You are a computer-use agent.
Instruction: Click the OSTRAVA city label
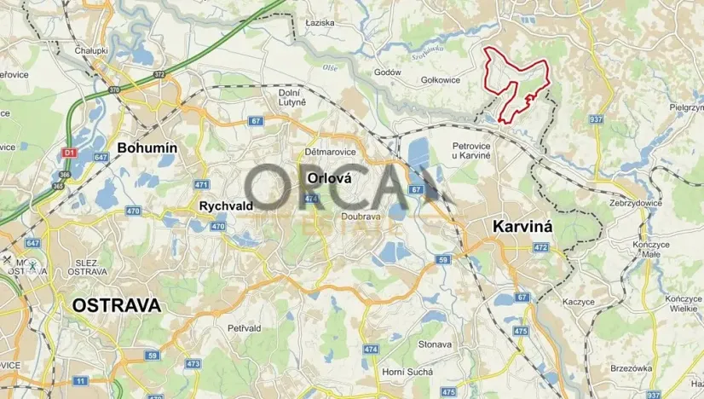(116, 305)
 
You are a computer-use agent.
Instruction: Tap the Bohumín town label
(147, 147)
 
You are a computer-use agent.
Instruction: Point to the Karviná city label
(523, 227)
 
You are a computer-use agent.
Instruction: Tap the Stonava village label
(435, 344)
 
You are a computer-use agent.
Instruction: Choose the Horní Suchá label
(407, 372)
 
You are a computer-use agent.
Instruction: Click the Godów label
(388, 72)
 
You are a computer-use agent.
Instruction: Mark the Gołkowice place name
(441, 80)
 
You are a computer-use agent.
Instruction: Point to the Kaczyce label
(579, 302)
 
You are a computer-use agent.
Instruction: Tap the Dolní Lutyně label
(291, 97)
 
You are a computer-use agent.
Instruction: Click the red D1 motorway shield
(70, 153)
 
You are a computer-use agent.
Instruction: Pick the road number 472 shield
(540, 247)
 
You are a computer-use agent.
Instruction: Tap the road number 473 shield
(193, 364)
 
